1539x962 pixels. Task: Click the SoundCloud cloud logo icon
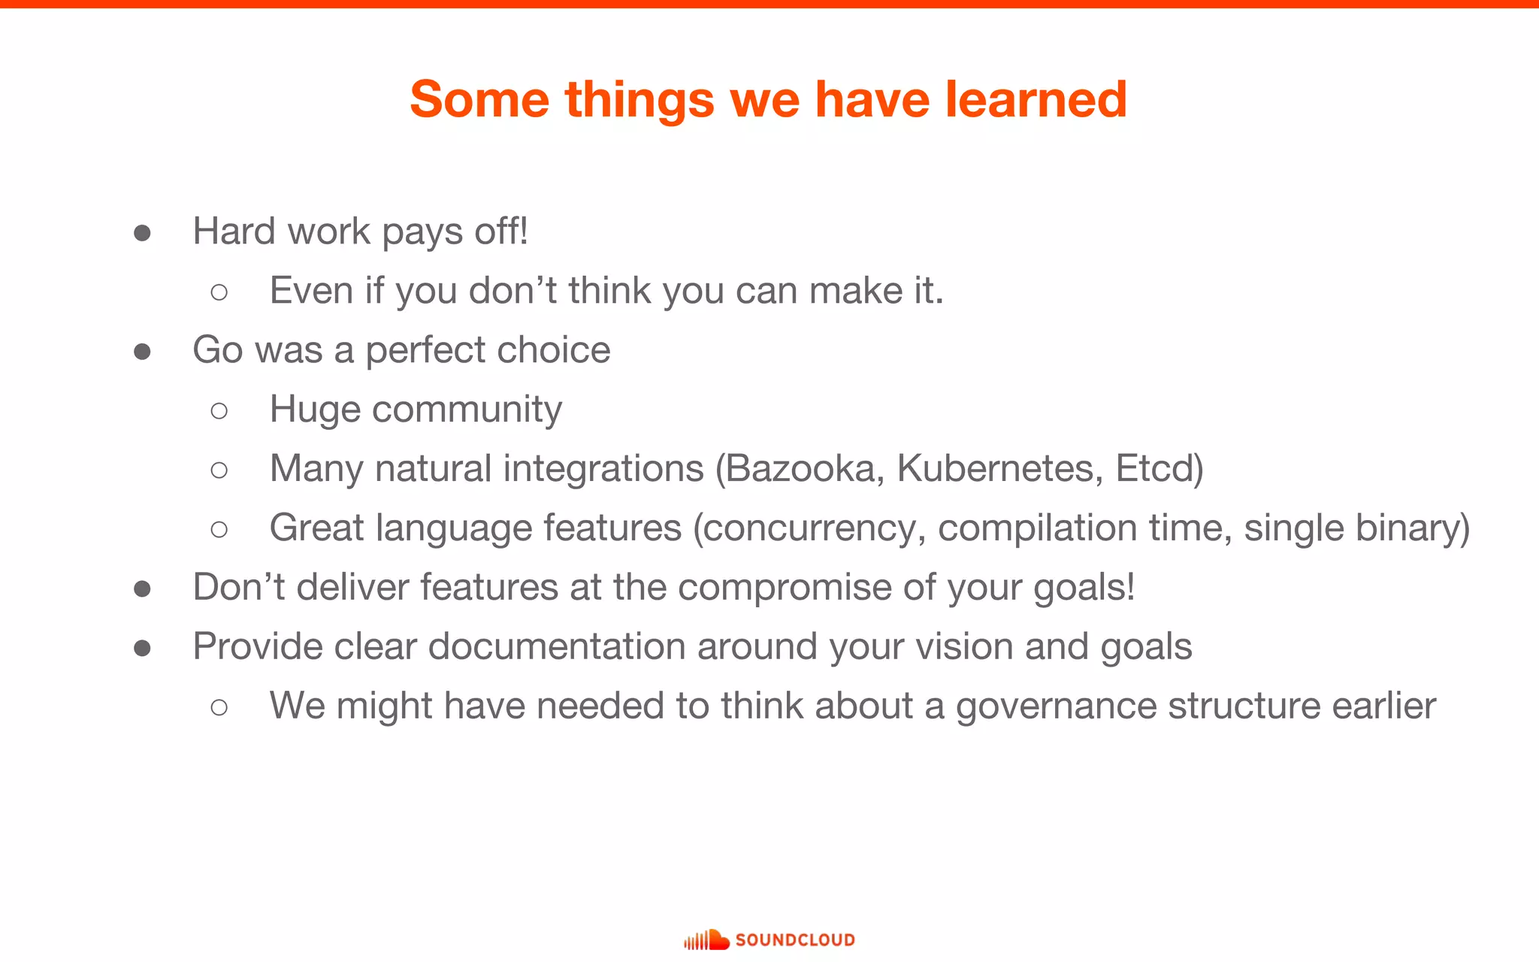click(x=706, y=939)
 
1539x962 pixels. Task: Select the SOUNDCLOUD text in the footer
click(x=795, y=940)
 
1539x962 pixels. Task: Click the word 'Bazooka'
click(x=800, y=468)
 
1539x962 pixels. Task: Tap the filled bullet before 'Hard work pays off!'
click(x=142, y=233)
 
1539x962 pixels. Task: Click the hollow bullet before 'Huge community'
click(x=219, y=410)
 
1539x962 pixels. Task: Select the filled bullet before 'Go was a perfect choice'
click(x=142, y=352)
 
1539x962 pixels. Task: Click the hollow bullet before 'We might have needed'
click(x=219, y=707)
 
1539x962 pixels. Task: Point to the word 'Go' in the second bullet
click(x=217, y=350)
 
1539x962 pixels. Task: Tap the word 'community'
click(x=466, y=410)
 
